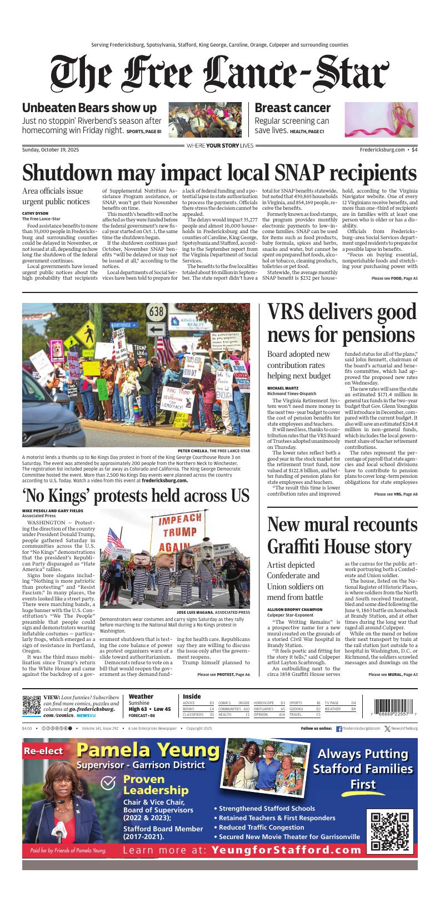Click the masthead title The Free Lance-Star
tap(220, 74)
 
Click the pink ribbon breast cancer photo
tap(381, 119)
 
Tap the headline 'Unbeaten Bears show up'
tap(89, 108)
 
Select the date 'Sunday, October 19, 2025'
tap(51, 149)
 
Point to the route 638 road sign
tap(157, 310)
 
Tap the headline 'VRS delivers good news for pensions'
tap(342, 324)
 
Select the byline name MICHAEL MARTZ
tap(283, 388)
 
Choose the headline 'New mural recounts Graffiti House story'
tap(342, 536)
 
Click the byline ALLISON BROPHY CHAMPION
tap(294, 609)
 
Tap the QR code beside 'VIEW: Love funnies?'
tap(31, 704)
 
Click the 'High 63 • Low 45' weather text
tap(149, 709)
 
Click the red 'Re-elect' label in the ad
tap(43, 751)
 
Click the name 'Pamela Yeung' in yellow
tap(148, 750)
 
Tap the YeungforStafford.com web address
tap(287, 850)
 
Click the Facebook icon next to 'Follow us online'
tap(339, 729)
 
